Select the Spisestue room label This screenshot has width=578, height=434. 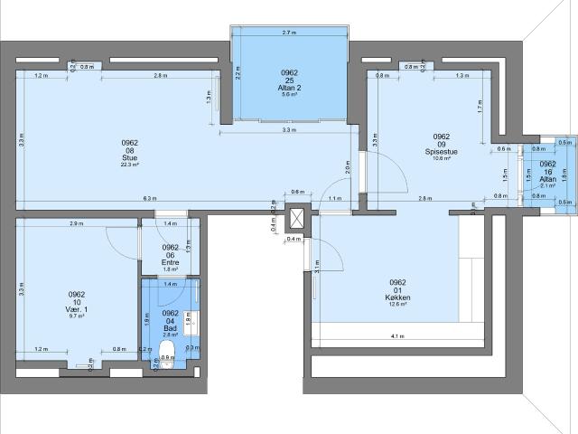(x=442, y=152)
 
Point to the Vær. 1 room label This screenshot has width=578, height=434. (x=77, y=305)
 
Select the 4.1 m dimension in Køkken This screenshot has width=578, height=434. (x=398, y=337)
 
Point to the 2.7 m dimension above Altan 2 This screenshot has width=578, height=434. (x=289, y=33)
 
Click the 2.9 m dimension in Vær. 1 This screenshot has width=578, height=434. (x=77, y=222)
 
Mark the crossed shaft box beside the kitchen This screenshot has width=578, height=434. (x=295, y=221)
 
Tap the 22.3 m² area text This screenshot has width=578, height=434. (x=130, y=165)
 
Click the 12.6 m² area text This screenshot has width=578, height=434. (x=398, y=305)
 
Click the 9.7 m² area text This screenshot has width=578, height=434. (x=77, y=316)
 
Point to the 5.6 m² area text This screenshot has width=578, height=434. (x=290, y=94)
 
